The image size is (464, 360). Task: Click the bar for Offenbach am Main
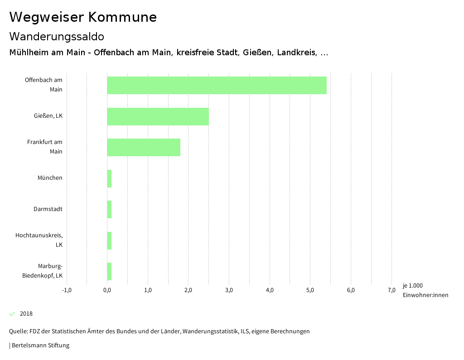pos(217,85)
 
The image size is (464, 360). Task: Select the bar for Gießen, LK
pos(158,116)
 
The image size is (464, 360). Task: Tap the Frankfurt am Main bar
pos(144,147)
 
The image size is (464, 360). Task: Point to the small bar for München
pos(109,178)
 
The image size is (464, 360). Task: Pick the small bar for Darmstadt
pos(109,209)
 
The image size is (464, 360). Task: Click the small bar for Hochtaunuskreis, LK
pos(109,240)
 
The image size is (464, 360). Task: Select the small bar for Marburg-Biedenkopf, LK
pos(109,271)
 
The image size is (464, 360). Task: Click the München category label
pos(50,178)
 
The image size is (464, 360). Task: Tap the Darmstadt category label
pos(48,209)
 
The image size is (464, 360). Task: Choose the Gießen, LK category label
pos(48,116)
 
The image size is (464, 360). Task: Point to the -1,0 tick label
pos(67,290)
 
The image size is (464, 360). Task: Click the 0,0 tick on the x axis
pos(107,290)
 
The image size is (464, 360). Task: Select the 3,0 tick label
pos(229,290)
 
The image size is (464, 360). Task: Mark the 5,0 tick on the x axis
pos(310,290)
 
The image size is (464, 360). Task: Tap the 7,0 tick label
pos(391,290)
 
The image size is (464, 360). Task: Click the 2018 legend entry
pos(26,314)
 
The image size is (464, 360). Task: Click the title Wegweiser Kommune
pos(83,17)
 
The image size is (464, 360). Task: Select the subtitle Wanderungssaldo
pos(57,36)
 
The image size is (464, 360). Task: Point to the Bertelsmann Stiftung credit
pos(40,346)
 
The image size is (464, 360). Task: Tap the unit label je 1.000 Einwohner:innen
pos(425,290)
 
